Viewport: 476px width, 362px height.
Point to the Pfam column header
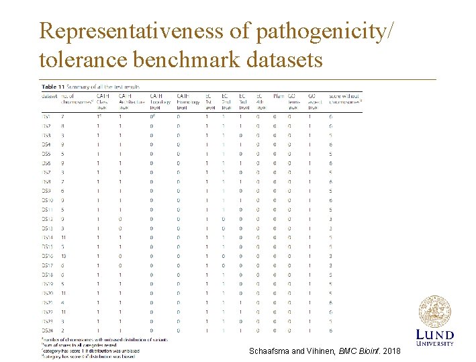279,97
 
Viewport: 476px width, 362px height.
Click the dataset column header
50,97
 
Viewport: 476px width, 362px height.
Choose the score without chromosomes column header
344,99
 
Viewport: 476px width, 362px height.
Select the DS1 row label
46,116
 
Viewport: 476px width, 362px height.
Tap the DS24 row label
47,330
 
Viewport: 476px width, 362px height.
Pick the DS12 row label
47,218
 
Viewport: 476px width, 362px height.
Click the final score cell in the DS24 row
331,330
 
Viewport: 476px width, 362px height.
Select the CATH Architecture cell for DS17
120,265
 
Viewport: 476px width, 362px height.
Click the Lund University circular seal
434,312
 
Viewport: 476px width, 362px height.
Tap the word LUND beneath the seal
434,334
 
